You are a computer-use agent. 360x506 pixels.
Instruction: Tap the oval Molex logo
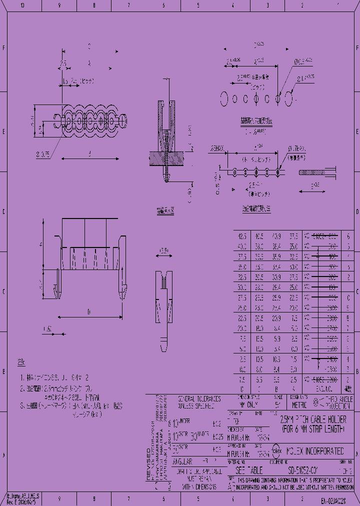coord(276,451)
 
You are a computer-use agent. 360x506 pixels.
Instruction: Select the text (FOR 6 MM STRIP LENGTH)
coord(313,429)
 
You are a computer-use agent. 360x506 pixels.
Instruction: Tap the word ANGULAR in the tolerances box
coord(182,461)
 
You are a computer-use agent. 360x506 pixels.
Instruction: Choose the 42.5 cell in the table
coord(242,235)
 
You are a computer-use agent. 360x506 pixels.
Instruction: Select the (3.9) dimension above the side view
coord(163,250)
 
